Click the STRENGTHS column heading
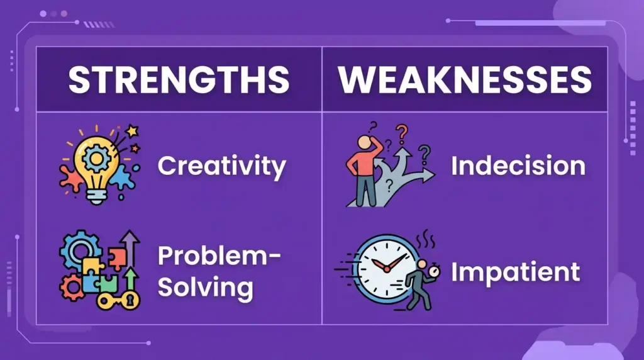[x=179, y=80]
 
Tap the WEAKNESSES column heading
[x=465, y=80]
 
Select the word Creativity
[x=221, y=166]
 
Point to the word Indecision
[x=518, y=166]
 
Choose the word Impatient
[x=515, y=273]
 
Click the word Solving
[x=205, y=288]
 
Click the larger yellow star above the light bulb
[x=132, y=132]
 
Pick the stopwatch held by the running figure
[x=433, y=273]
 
